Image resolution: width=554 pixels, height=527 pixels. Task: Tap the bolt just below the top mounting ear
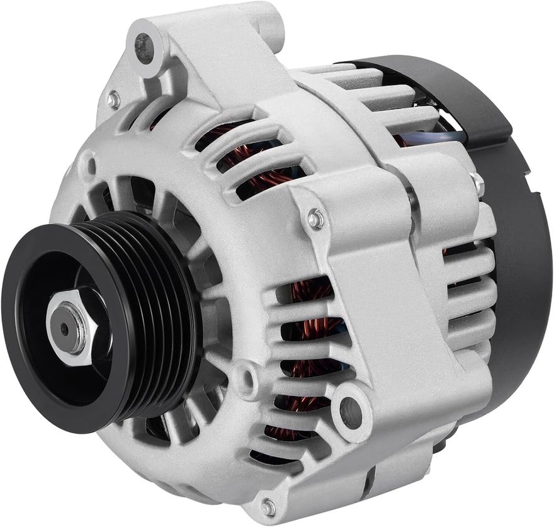tap(113, 99)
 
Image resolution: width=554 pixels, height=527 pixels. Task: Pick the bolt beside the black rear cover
tap(478, 184)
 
